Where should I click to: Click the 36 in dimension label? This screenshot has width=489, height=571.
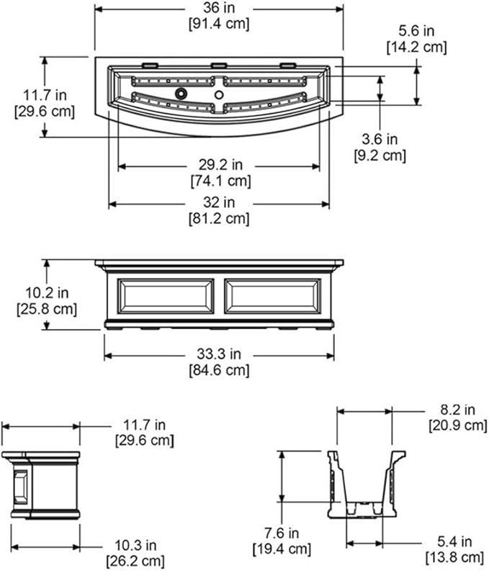[219, 8]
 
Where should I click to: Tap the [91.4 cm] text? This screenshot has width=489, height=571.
[219, 24]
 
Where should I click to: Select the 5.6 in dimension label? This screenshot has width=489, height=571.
[416, 30]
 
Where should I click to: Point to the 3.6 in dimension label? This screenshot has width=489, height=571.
[380, 139]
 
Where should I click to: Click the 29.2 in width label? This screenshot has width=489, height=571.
[220, 165]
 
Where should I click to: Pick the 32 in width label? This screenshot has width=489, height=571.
[219, 202]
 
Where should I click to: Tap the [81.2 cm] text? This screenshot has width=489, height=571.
[219, 218]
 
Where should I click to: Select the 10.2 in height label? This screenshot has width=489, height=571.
[47, 292]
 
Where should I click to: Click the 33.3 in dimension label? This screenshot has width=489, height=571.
[219, 354]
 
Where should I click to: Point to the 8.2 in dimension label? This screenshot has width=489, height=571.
[458, 410]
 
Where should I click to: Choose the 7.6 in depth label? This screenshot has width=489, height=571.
[282, 533]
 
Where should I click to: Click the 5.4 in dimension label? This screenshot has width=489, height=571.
[454, 541]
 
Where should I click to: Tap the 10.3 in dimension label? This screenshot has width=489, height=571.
[135, 545]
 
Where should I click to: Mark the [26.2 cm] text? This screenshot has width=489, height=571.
[135, 561]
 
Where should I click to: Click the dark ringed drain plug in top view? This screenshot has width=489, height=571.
[180, 94]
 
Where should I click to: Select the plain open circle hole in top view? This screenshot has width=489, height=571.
[219, 95]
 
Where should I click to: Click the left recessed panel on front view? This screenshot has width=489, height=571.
[166, 296]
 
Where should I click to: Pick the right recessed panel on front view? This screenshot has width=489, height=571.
[273, 296]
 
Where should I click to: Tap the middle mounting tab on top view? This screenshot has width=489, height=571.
[219, 66]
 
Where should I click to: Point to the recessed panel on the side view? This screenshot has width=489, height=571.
[21, 487]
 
